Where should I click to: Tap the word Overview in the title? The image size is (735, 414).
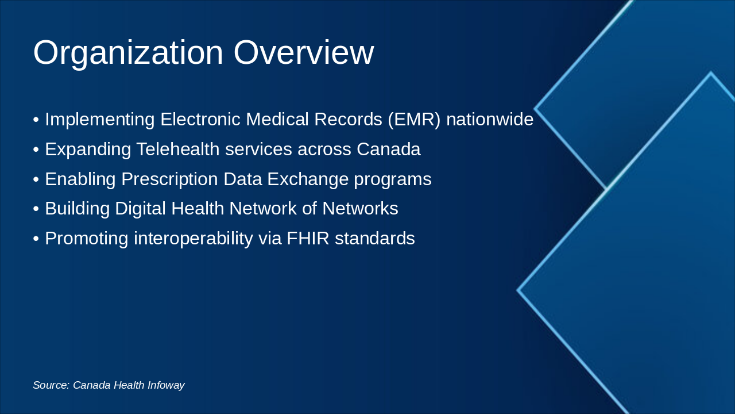[x=304, y=52]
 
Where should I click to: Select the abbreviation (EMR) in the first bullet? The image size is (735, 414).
[x=414, y=120]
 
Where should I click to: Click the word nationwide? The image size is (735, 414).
[x=490, y=119]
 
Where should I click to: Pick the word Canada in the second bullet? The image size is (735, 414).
[x=389, y=149]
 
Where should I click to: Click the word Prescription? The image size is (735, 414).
[x=169, y=179]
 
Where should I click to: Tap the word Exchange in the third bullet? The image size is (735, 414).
[x=308, y=180]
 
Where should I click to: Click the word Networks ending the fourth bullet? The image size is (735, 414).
[x=360, y=208]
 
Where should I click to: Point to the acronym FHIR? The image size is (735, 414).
[x=308, y=238]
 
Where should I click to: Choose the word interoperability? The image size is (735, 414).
[x=194, y=239]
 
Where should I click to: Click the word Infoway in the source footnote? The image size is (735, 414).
[x=166, y=385]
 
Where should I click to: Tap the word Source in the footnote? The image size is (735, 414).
[x=52, y=385]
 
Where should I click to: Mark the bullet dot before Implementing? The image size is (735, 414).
[x=36, y=120]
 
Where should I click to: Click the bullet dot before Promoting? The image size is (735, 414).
[x=36, y=239]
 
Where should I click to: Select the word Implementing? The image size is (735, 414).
[x=100, y=120]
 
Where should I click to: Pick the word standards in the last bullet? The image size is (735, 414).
[x=375, y=238]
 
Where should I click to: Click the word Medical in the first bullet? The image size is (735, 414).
[x=277, y=119]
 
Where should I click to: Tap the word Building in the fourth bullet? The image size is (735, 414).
[x=78, y=209]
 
